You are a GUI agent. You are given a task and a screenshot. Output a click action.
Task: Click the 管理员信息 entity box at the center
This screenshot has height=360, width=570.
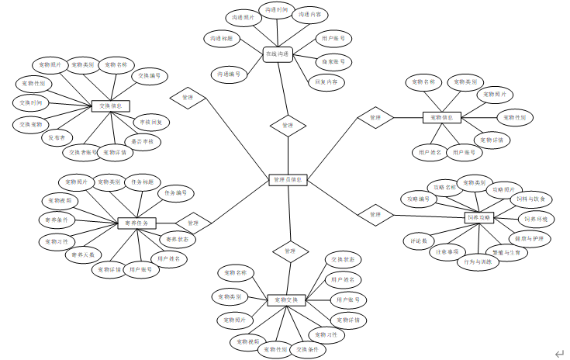click(288, 179)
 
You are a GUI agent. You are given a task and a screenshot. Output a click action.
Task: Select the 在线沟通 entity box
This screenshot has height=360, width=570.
click(277, 54)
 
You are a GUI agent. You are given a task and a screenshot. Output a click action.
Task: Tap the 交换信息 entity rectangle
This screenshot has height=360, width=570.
click(110, 106)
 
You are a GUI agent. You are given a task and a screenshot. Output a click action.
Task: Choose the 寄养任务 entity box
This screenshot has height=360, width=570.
click(136, 223)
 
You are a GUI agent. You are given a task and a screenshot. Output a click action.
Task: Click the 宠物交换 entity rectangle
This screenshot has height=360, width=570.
click(287, 299)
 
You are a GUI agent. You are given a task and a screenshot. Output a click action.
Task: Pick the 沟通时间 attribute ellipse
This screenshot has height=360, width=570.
click(276, 11)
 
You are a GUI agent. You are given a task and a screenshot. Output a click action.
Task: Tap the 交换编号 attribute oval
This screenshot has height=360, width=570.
click(150, 76)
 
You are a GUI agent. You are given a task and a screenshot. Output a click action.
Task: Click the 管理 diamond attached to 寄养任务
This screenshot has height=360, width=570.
click(192, 223)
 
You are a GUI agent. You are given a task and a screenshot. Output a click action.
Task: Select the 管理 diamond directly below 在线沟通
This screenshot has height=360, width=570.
click(288, 125)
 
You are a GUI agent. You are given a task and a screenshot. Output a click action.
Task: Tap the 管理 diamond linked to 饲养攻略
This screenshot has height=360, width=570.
click(375, 214)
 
